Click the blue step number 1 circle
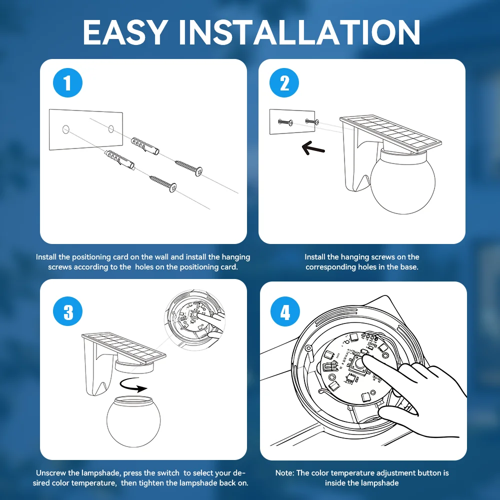(67, 83)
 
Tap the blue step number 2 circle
(284, 83)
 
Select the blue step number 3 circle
(67, 311)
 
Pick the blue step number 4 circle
(285, 311)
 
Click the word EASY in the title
(125, 32)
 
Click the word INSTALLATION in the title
(299, 32)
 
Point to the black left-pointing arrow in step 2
(313, 148)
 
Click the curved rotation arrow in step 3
(133, 385)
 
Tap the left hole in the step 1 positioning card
(65, 129)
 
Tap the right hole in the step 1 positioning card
(111, 129)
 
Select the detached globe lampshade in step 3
(133, 421)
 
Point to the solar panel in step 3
(123, 348)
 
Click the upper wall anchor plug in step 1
(145, 145)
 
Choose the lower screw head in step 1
(173, 187)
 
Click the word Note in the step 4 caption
(285, 472)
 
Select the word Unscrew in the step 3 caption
(50, 472)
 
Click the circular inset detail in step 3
(195, 320)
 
